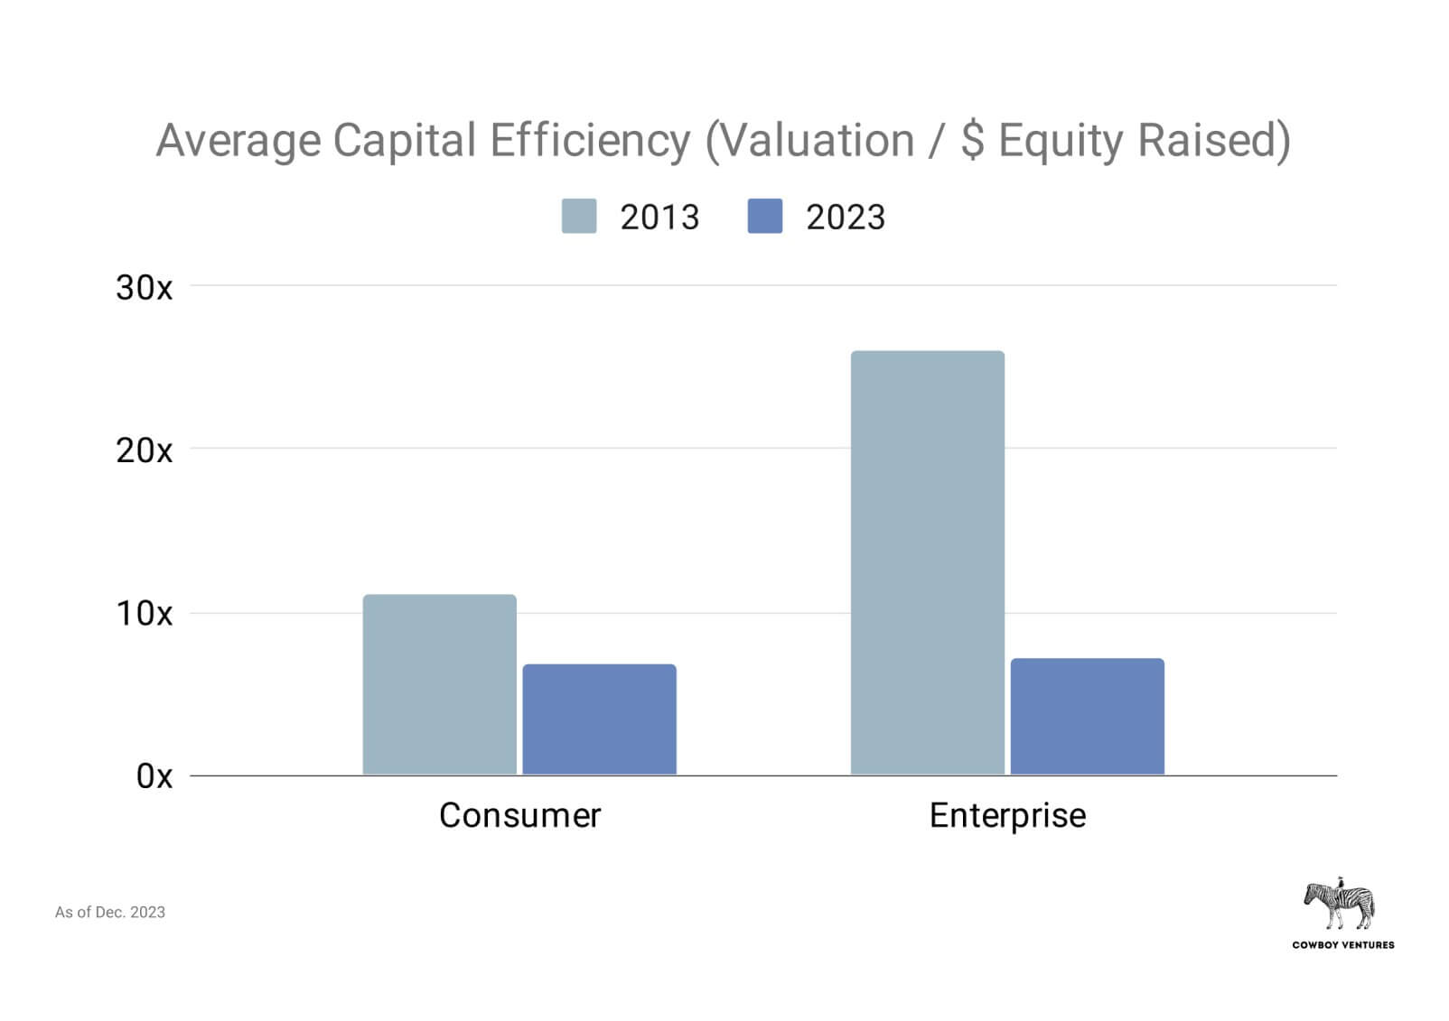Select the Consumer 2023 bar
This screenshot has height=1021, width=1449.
click(x=599, y=719)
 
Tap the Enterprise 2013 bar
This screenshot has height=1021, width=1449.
click(x=927, y=562)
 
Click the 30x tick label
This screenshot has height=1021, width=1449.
click(x=144, y=288)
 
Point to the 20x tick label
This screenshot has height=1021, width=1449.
click(x=144, y=450)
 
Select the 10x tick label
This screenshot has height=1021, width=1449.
click(x=144, y=614)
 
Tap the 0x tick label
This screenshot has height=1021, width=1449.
click(x=154, y=775)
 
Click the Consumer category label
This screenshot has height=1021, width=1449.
click(x=519, y=815)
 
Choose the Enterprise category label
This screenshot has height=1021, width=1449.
click(x=1007, y=815)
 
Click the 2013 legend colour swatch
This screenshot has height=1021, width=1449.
click(x=579, y=217)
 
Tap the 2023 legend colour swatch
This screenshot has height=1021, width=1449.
click(x=765, y=217)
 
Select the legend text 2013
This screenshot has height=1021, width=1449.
click(x=659, y=218)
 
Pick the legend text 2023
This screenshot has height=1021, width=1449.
click(x=846, y=218)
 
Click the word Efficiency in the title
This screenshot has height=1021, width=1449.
click(x=590, y=141)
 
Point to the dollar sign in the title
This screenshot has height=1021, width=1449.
click(x=972, y=141)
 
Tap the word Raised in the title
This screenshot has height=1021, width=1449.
click(x=1213, y=141)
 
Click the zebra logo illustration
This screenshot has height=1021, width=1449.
click(x=1340, y=904)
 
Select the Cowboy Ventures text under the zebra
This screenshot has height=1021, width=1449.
click(x=1342, y=945)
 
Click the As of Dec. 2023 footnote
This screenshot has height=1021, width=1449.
click(x=110, y=913)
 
